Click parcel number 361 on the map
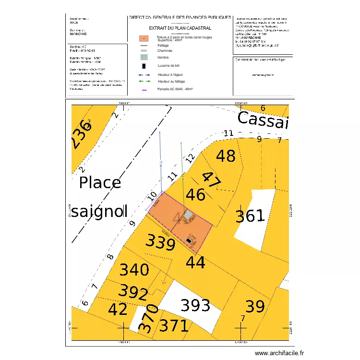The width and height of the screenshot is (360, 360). (x=250, y=216)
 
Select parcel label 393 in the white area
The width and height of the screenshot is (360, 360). (x=195, y=305)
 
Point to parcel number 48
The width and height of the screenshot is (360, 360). (x=226, y=156)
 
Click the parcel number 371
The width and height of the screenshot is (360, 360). (x=174, y=326)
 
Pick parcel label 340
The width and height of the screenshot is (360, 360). (x=134, y=270)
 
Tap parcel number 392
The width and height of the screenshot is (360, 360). (x=133, y=292)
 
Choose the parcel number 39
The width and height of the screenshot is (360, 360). (x=255, y=306)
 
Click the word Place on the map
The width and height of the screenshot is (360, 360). (x=100, y=182)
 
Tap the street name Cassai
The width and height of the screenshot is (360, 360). (x=263, y=120)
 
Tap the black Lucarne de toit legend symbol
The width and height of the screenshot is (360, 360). (x=144, y=65)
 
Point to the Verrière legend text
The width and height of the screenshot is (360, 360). (x=163, y=57)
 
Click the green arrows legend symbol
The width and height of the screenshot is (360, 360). (x=144, y=82)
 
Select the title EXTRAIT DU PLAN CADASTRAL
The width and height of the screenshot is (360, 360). (x=180, y=28)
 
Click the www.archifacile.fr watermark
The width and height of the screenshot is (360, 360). (x=279, y=353)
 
